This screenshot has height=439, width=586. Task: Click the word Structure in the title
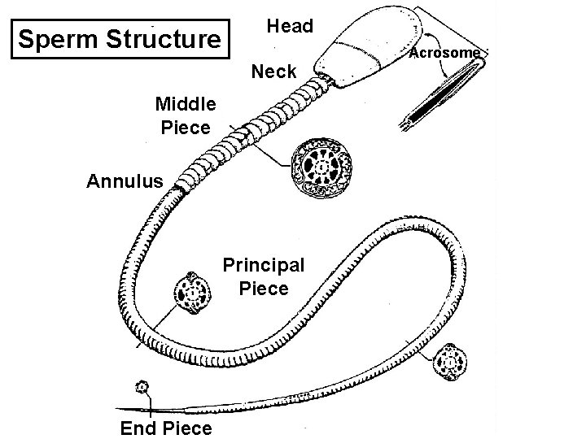(x=165, y=39)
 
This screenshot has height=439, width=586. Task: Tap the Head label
(x=290, y=26)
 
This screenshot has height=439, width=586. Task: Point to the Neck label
(x=274, y=72)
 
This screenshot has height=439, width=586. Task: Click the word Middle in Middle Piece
(x=186, y=104)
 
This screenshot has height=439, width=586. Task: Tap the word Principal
(x=264, y=265)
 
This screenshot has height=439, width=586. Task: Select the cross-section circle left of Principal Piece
(x=192, y=294)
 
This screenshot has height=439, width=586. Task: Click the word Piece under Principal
(x=264, y=289)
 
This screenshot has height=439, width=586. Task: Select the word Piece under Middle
(x=186, y=128)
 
